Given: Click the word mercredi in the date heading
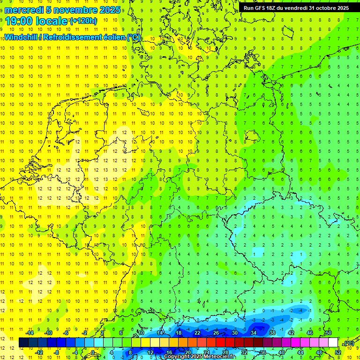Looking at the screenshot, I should click(24, 10).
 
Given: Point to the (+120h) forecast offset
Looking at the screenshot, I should click(83, 21).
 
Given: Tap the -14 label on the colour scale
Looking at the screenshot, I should click(30, 333).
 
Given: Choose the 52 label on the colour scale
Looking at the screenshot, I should click(338, 352).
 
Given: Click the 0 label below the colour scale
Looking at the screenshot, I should click(93, 352).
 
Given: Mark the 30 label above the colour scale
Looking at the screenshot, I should click(234, 333).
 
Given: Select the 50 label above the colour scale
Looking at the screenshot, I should click(329, 333).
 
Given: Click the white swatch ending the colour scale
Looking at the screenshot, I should click(333, 343).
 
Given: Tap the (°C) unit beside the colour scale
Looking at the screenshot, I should click(349, 344).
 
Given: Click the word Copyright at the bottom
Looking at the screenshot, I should click(177, 357).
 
